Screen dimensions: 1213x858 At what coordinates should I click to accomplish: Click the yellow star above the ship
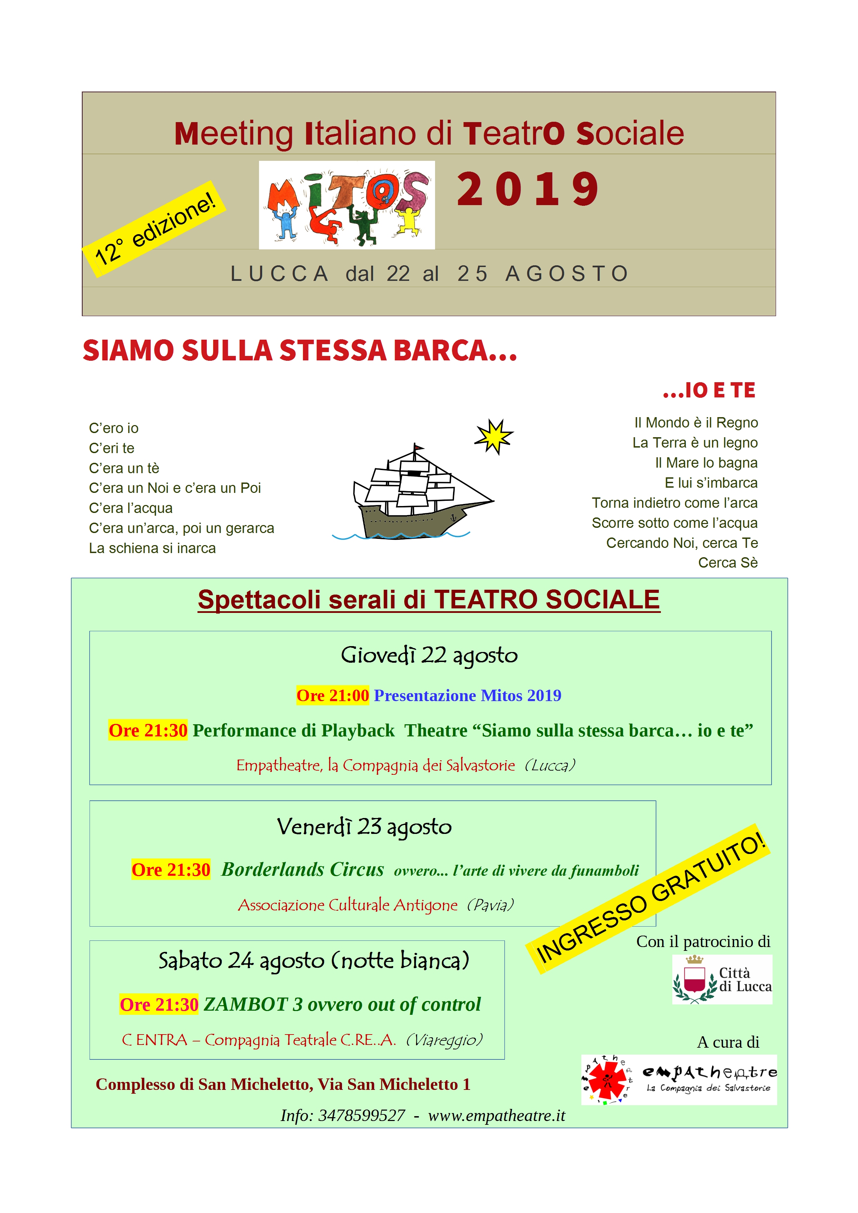click(x=493, y=437)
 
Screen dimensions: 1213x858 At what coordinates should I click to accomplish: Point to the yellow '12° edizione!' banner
click(x=154, y=228)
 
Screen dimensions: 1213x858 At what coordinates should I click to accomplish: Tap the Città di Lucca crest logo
click(x=722, y=979)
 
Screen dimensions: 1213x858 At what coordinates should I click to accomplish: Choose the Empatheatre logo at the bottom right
click(x=680, y=1079)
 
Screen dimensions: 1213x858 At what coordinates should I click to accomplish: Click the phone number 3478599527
click(x=361, y=1115)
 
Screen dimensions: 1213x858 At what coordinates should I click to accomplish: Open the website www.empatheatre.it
click(x=497, y=1115)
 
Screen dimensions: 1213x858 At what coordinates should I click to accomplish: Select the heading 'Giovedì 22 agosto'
click(x=429, y=656)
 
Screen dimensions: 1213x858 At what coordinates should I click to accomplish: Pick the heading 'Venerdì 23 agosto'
click(x=364, y=827)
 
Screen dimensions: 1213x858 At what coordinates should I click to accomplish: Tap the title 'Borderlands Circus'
click(x=302, y=869)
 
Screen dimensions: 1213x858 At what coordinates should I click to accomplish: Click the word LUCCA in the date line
click(x=279, y=274)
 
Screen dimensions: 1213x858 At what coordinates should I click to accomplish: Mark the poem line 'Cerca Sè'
click(x=728, y=563)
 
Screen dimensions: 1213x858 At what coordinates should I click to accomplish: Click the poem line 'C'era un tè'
click(x=124, y=468)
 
